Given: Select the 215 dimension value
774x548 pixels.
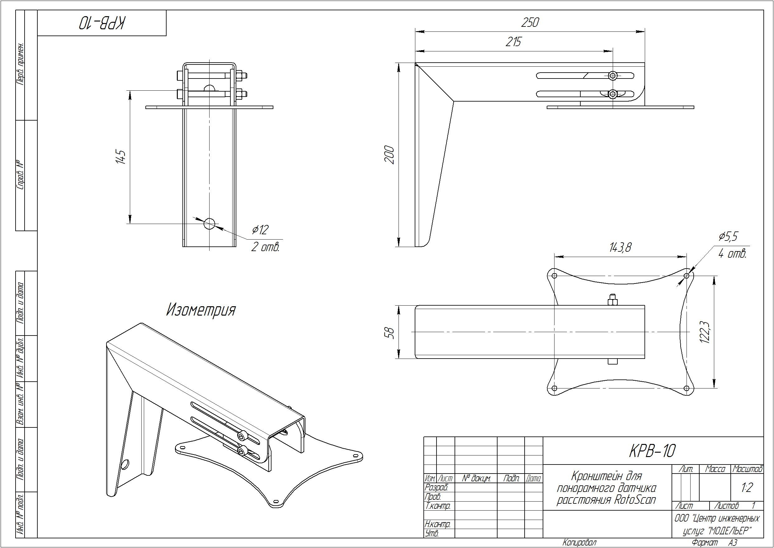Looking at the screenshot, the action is tap(513, 42).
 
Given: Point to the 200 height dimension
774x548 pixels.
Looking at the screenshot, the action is tap(389, 155).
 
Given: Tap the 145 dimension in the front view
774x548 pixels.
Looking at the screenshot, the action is tap(121, 157).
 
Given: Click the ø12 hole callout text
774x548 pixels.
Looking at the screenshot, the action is tap(260, 230).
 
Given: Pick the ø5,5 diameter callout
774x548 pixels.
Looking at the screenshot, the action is tap(728, 236).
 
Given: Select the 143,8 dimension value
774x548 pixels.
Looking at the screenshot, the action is tap(620, 248).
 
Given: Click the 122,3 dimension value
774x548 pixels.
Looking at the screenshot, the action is tap(705, 332).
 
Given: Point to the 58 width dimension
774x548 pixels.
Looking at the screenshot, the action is tap(390, 333).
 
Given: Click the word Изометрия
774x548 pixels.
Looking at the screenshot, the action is tap(201, 310).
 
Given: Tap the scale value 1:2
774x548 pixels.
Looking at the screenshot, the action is tap(747, 488).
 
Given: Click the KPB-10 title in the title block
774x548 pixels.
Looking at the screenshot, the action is tap(652, 451).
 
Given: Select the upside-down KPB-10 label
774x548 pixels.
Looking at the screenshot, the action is tap(102, 23).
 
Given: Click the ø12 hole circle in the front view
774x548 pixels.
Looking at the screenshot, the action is tap(210, 224).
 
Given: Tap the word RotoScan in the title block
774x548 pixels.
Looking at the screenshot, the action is tap(635, 500).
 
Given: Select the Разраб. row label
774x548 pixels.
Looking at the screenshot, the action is tap(437, 488).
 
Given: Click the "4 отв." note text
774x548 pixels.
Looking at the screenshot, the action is tap(732, 254).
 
